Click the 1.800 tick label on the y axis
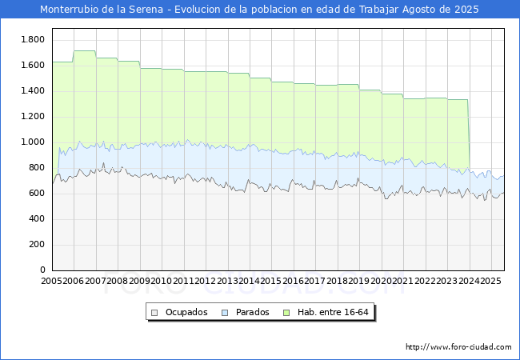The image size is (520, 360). pyautogui.click(x=32, y=40)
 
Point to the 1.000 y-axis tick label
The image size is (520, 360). pyautogui.click(x=32, y=142)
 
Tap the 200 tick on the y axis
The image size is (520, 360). pyautogui.click(x=37, y=245)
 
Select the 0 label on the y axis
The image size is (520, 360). pyautogui.click(x=42, y=270)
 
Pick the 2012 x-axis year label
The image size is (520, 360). pyautogui.click(x=206, y=282)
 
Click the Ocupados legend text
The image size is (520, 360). pyautogui.click(x=186, y=312)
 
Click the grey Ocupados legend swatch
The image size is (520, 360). pyautogui.click(x=155, y=312)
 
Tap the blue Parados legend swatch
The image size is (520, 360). pyautogui.click(x=226, y=312)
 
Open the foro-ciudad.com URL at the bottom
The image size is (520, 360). pyautogui.click(x=458, y=347)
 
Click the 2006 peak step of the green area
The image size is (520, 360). pyautogui.click(x=84, y=51)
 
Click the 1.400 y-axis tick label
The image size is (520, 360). pyautogui.click(x=32, y=91)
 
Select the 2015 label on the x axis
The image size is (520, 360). pyautogui.click(x=271, y=282)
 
